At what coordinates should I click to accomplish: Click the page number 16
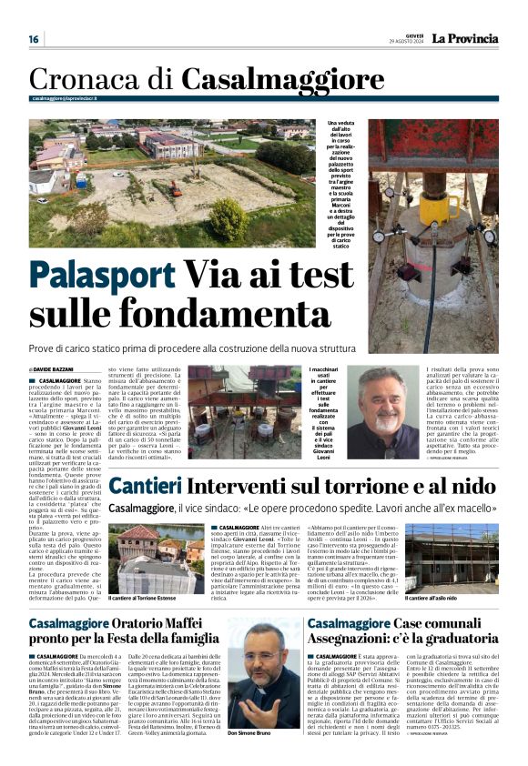coord(34,39)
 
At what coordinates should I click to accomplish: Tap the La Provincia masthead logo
coord(465,39)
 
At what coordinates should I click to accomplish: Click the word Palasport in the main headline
coord(100,275)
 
